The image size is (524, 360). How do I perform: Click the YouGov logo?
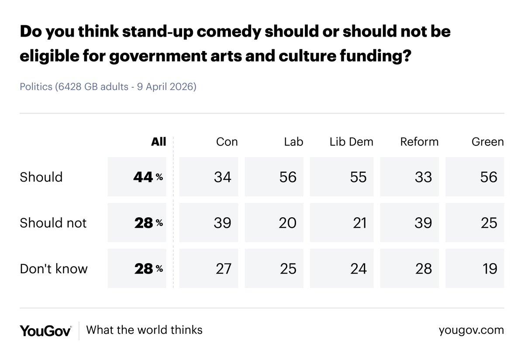[x=45, y=330]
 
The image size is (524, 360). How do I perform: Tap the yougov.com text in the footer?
[x=471, y=330]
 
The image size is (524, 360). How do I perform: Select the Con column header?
[x=227, y=142]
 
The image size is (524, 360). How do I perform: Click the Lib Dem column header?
[x=351, y=142]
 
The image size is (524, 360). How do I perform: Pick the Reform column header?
[x=419, y=142]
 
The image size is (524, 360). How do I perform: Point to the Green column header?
[x=487, y=142]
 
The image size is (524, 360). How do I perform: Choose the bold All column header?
[x=159, y=142]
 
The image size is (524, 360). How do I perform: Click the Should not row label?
[x=53, y=223]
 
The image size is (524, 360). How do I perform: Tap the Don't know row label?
[x=54, y=268]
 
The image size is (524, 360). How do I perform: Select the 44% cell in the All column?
[x=137, y=177]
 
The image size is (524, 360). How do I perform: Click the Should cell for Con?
[x=209, y=177]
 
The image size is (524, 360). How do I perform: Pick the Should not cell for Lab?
[x=274, y=223]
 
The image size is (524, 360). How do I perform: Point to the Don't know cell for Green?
[x=475, y=268]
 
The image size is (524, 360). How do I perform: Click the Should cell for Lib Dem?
[x=342, y=177]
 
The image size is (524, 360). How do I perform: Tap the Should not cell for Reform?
[x=410, y=223]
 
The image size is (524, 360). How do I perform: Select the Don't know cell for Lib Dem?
[x=342, y=268]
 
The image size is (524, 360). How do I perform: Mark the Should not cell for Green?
[x=475, y=223]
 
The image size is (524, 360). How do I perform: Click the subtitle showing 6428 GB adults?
[x=108, y=86]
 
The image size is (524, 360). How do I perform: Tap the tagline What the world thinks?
[x=144, y=330]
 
